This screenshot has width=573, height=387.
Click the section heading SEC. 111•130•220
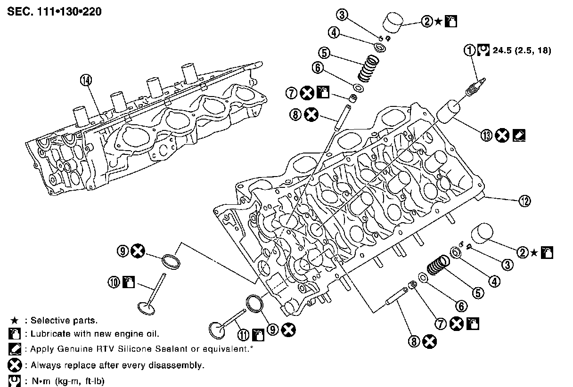(x=55, y=11)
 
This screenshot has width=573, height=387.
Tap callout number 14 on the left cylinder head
(x=85, y=81)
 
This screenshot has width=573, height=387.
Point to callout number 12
(x=524, y=201)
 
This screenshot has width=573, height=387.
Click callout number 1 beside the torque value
(x=470, y=50)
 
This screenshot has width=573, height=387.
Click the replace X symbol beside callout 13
(x=503, y=136)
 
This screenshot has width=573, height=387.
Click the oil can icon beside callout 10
(x=128, y=282)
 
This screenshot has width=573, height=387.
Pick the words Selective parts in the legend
(x=64, y=321)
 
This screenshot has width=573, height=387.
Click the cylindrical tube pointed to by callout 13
(x=449, y=112)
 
